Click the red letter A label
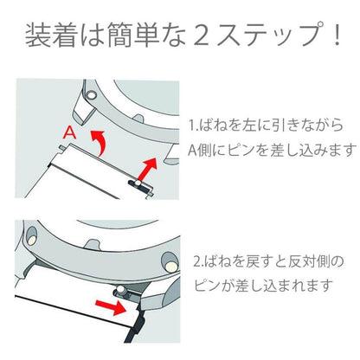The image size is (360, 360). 69,132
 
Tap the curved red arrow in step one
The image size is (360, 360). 99,142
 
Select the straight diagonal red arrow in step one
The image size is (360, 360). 147,170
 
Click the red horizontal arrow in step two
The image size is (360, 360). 111,307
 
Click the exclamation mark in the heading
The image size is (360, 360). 336,35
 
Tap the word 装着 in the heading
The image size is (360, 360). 51,35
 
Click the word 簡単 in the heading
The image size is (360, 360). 133,35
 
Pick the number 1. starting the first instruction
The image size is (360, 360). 193,125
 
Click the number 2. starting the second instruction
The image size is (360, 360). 197,262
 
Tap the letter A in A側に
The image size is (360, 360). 193,150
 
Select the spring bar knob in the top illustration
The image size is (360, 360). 138,183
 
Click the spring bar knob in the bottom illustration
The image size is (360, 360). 121,290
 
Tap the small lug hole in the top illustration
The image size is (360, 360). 92,94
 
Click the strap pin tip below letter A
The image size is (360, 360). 61,148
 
